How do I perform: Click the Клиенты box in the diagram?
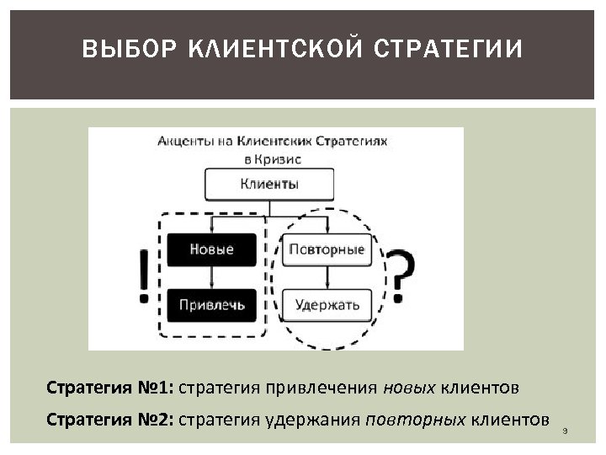(x=269, y=184)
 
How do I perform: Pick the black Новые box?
(x=211, y=249)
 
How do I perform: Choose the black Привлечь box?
(x=211, y=304)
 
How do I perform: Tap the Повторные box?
(x=327, y=249)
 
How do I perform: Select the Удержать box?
(x=327, y=304)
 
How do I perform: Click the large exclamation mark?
(x=144, y=276)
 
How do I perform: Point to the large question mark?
(x=401, y=276)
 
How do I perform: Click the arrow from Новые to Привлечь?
(x=211, y=277)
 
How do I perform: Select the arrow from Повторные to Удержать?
(x=327, y=277)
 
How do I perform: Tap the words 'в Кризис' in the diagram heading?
(x=272, y=158)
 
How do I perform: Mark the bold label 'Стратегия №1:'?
(x=109, y=388)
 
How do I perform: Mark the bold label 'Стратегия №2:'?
(x=109, y=420)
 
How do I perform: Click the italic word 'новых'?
(x=410, y=388)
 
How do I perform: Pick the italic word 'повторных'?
(x=416, y=420)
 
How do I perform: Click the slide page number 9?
(x=566, y=431)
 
